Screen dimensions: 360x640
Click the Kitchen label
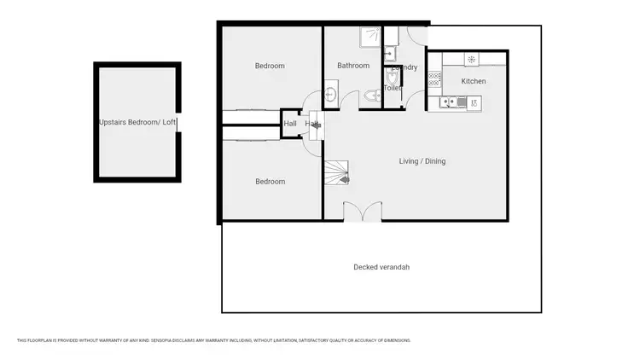474,81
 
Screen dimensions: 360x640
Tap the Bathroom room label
352,66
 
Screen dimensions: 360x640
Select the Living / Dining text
422,161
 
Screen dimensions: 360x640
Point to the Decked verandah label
381,267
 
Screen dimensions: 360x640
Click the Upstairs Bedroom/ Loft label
137,122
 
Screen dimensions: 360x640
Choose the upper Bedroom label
270,66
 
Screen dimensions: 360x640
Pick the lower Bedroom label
270,182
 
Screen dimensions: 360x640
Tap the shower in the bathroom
368,36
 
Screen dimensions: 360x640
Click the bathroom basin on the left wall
331,96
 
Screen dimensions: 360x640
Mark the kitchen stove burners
433,78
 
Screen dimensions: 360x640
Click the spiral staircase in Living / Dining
338,174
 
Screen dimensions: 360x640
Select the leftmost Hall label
290,124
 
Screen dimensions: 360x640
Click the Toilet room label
393,88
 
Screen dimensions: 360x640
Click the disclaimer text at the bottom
214,340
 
